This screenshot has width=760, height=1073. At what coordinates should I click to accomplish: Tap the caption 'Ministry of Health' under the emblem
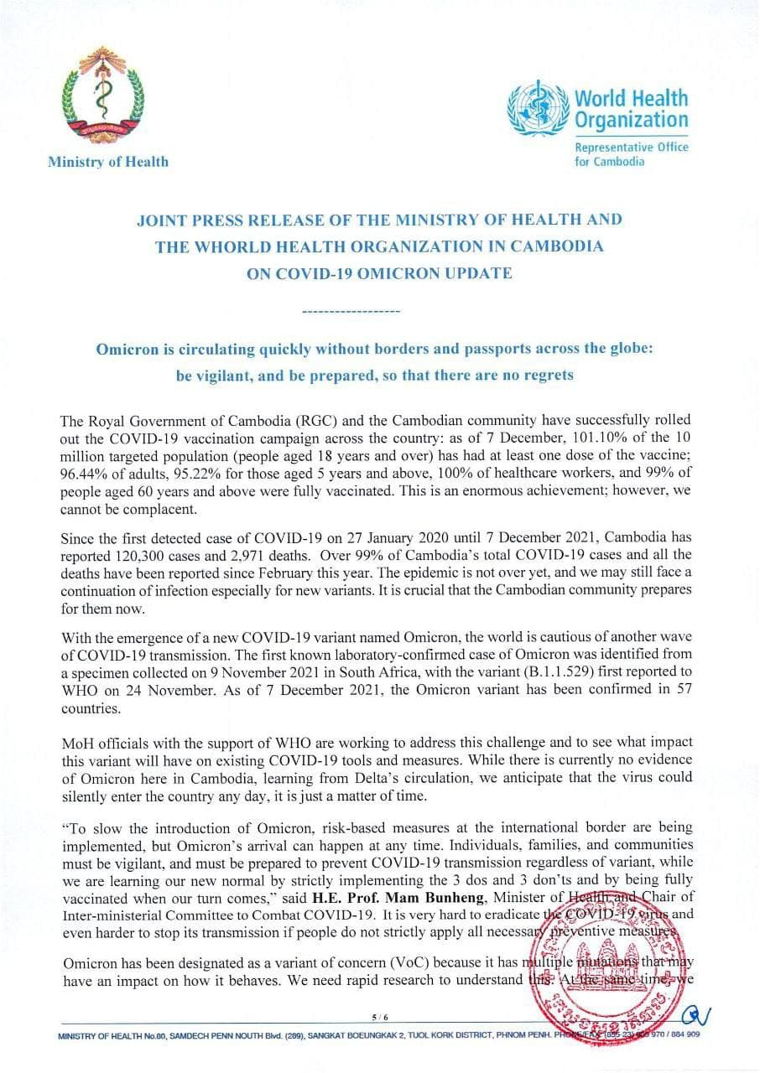(x=107, y=162)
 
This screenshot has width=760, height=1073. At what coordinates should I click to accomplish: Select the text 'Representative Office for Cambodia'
(x=630, y=154)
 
